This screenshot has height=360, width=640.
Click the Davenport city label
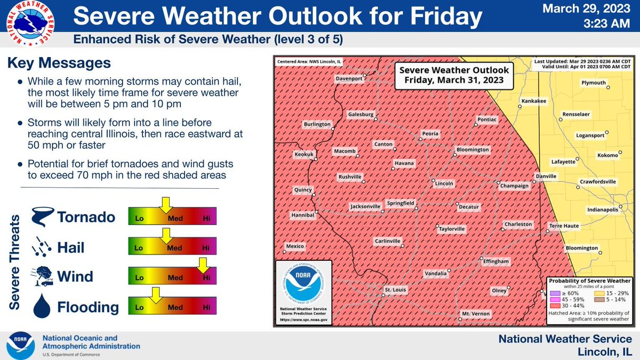348,78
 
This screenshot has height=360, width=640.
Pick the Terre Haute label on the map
564,226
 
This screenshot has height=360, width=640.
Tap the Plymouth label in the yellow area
593,83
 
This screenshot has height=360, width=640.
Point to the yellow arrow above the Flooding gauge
155,294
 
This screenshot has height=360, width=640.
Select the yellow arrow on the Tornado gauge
166,203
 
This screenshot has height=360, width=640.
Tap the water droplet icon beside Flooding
41,307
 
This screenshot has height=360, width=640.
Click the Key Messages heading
59,63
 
